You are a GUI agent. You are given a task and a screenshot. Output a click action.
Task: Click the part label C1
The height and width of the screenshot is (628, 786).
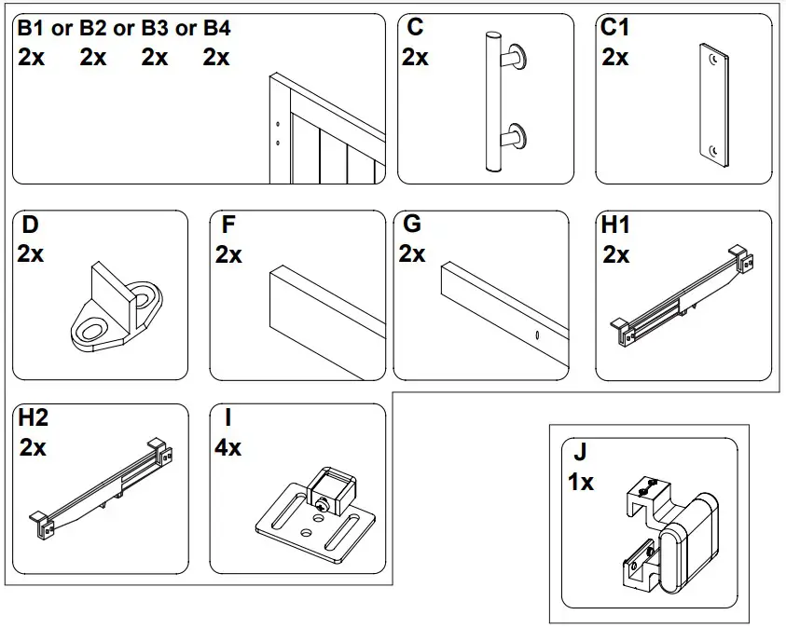coord(615,28)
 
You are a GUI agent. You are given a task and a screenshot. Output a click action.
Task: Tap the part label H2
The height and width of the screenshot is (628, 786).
coord(34,419)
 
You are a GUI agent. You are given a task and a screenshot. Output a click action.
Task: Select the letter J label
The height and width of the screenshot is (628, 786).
coord(580,454)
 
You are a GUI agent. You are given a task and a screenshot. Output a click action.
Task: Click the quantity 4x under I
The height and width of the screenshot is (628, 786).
coord(228,448)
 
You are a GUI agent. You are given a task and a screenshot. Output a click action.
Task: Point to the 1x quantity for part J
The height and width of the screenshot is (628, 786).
coord(580,483)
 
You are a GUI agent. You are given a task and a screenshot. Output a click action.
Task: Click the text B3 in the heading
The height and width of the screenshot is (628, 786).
coord(154,28)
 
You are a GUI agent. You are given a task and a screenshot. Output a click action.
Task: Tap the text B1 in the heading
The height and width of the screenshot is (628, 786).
coord(31,28)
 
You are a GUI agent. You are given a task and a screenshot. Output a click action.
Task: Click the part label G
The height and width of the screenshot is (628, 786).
coord(410,225)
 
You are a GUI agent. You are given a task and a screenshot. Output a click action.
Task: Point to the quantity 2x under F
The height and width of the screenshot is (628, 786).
coord(228,254)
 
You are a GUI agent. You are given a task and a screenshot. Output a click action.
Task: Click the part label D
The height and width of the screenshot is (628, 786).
coord(29,225)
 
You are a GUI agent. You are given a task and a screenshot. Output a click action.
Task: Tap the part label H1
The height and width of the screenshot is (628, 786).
coord(615,225)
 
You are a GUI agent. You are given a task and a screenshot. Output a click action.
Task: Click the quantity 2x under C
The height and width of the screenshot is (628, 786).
coord(415,58)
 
